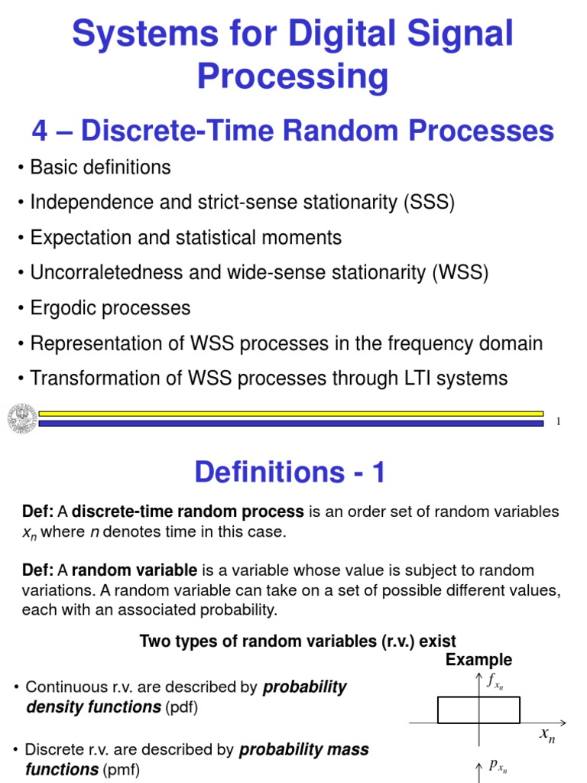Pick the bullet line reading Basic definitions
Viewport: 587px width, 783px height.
point(100,167)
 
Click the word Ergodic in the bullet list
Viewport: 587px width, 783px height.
point(63,308)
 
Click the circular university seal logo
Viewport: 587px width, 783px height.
point(21,417)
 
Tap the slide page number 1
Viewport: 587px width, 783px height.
point(559,421)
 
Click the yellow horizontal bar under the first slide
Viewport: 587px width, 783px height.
point(290,413)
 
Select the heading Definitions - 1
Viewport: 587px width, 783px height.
point(290,473)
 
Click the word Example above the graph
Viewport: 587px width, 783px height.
point(479,660)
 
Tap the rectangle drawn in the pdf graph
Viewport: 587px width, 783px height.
point(478,710)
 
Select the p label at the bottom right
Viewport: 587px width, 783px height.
point(497,766)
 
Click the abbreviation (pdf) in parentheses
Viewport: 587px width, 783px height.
point(181,707)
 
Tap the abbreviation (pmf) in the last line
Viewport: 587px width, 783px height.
point(122,769)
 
